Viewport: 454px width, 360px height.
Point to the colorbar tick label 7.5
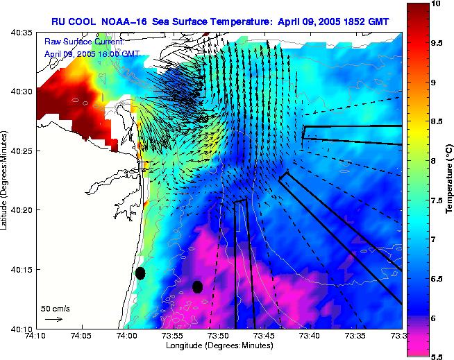pyautogui.click(x=437, y=200)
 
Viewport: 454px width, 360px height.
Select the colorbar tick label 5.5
pyautogui.click(x=437, y=357)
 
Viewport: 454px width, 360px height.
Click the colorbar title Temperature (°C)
pyautogui.click(x=448, y=180)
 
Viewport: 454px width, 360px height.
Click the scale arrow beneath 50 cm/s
pyautogui.click(x=53, y=319)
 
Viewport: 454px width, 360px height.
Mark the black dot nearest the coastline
pyautogui.click(x=140, y=273)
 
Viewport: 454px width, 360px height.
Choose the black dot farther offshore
pyautogui.click(x=197, y=286)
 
